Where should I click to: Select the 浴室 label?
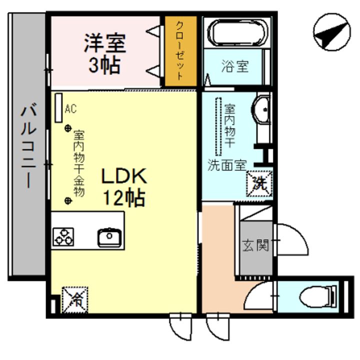coord(234,66)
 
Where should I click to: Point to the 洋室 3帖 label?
coord(105,53)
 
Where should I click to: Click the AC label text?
coord(71,109)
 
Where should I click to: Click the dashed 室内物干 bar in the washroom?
coord(218,126)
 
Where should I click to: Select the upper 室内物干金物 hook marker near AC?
coord(68,128)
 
